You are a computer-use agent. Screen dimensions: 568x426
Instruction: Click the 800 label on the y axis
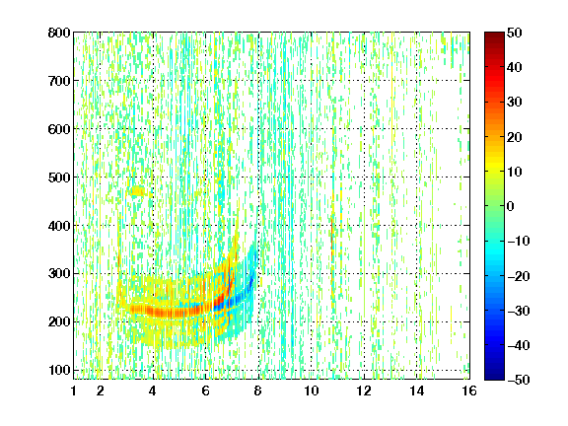click(59, 33)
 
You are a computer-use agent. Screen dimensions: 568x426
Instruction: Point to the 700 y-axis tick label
click(59, 81)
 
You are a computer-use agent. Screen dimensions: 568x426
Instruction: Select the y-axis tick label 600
click(59, 129)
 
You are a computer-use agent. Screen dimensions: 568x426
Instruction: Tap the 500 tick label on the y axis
click(59, 177)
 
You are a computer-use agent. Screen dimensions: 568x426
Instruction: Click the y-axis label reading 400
click(59, 226)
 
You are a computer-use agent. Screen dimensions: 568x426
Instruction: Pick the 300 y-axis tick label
click(59, 273)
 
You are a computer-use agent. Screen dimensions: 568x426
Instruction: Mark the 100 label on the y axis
click(59, 370)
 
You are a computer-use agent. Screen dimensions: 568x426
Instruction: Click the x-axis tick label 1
click(74, 390)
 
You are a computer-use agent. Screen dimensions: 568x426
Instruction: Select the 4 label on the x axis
click(153, 390)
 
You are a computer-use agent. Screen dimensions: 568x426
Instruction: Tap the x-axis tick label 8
click(257, 390)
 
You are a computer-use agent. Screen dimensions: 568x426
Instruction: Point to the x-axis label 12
click(364, 390)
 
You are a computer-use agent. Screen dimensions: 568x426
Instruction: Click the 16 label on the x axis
click(469, 390)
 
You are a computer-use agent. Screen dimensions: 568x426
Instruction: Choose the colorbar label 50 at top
click(515, 33)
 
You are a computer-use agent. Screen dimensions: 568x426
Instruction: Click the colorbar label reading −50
click(519, 380)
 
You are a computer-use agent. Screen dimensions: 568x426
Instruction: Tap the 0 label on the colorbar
click(511, 206)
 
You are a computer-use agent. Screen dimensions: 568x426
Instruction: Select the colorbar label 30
click(515, 102)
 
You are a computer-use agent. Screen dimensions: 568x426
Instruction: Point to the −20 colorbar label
click(519, 276)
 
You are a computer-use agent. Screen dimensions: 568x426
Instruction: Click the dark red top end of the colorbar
click(494, 35)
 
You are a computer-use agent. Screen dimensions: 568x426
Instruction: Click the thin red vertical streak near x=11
click(332, 238)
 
